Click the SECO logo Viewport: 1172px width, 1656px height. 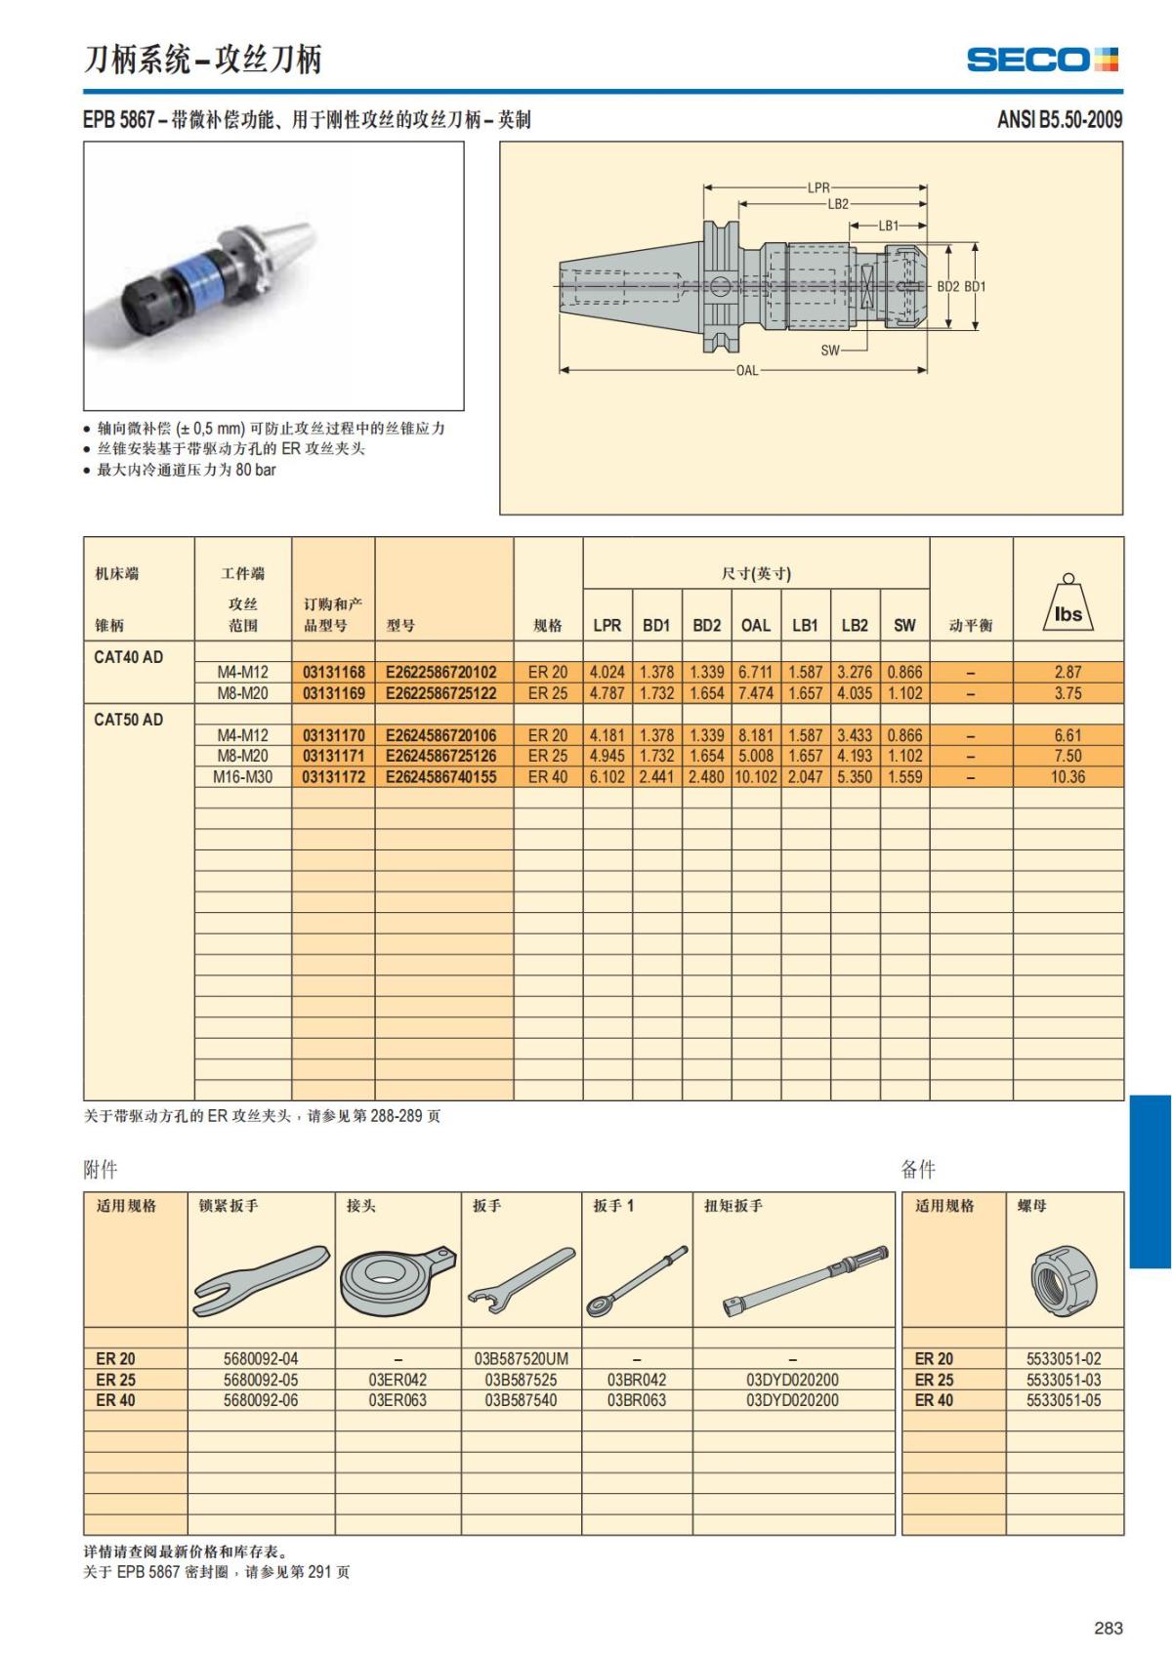[x=1042, y=60]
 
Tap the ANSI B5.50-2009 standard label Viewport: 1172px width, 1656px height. [x=1059, y=120]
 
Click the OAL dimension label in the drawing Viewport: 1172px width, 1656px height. [x=746, y=371]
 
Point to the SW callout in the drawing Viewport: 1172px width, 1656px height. [x=829, y=350]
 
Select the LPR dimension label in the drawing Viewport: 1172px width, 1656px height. [x=817, y=187]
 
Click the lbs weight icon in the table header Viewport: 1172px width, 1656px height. [x=1067, y=605]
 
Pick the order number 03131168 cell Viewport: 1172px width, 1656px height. [x=334, y=672]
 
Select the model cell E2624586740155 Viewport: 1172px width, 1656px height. [x=441, y=777]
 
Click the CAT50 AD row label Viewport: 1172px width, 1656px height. [x=129, y=720]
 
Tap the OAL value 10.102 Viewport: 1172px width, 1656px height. [x=756, y=777]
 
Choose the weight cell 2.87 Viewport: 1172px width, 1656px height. [x=1067, y=672]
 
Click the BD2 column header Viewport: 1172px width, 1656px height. [x=706, y=625]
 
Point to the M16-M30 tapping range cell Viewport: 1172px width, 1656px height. [x=242, y=777]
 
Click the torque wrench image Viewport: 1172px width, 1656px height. [x=808, y=1280]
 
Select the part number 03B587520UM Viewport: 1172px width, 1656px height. [x=521, y=1358]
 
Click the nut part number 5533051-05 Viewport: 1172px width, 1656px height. [x=1063, y=1400]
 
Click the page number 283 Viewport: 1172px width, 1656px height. [x=1108, y=1628]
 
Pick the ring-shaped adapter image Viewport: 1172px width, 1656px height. [x=397, y=1280]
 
